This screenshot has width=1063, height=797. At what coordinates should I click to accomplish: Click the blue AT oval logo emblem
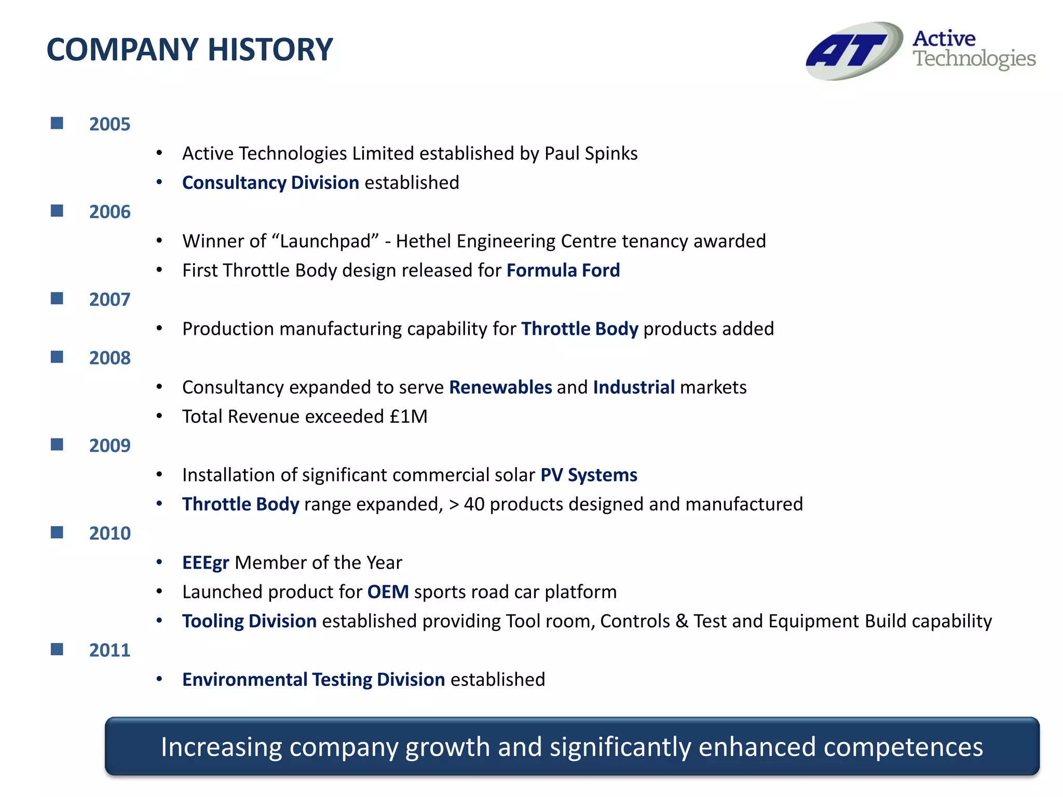(854, 51)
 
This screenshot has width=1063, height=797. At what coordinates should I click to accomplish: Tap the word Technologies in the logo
(974, 59)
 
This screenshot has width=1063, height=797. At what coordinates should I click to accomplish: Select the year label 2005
(110, 125)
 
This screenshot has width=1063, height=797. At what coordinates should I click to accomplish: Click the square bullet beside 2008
(57, 357)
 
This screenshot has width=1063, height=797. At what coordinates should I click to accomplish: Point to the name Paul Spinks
(591, 154)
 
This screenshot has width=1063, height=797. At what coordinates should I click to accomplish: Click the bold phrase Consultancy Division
(270, 183)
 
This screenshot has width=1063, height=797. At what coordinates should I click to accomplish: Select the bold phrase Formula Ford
(563, 270)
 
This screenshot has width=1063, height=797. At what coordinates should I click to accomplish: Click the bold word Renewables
(500, 388)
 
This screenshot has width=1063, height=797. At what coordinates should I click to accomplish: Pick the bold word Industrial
(633, 388)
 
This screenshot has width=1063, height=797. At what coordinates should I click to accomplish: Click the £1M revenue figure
(408, 417)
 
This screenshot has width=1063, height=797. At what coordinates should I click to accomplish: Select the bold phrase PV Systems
(589, 475)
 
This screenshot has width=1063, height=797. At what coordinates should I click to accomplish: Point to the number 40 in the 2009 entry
(474, 504)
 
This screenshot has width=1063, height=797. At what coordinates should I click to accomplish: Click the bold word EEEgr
(206, 563)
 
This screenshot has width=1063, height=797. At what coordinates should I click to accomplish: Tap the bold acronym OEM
(388, 592)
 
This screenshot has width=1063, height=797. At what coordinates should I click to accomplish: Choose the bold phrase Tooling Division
(249, 621)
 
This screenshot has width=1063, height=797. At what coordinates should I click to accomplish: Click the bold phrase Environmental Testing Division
(314, 680)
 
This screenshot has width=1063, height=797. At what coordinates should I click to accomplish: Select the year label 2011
(110, 650)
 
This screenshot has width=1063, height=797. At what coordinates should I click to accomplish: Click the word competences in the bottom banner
(903, 747)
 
